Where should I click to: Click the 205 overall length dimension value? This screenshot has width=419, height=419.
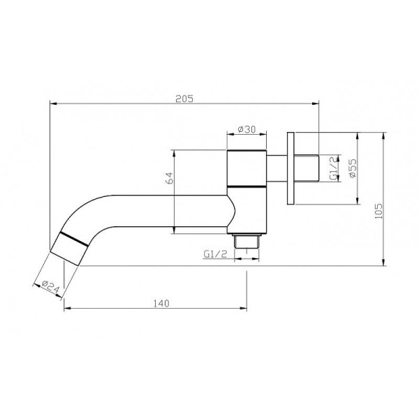click(185, 98)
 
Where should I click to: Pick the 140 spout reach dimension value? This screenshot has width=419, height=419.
click(161, 303)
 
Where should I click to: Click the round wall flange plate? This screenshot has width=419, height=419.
click(293, 168)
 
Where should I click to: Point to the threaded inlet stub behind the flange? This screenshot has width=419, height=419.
click(310, 168)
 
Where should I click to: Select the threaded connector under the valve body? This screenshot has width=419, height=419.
click(248, 241)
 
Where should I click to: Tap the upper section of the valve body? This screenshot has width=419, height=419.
click(248, 168)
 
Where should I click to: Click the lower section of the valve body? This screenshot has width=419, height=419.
click(248, 209)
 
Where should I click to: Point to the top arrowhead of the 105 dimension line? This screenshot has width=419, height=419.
click(384, 133)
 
